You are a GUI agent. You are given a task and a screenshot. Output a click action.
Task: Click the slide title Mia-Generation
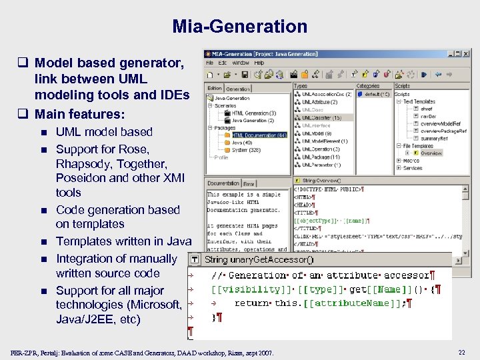coord(240,27)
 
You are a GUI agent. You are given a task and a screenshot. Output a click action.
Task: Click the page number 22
coord(461,352)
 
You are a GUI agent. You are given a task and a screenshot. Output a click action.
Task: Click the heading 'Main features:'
coord(79,114)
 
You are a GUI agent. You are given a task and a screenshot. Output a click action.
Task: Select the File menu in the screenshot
coord(210,63)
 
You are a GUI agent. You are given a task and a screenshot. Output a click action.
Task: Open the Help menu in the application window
coord(258,63)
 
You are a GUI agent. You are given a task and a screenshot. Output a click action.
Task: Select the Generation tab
coord(238,88)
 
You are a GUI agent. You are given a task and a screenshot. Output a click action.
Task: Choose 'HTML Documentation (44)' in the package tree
coord(259,135)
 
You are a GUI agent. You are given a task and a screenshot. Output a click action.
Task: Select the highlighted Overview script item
coord(431,153)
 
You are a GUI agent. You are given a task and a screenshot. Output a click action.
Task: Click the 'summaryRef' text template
coord(434,138)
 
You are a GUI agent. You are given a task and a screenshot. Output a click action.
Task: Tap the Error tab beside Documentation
coord(249,183)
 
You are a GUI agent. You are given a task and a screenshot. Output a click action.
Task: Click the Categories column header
coord(368,86)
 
